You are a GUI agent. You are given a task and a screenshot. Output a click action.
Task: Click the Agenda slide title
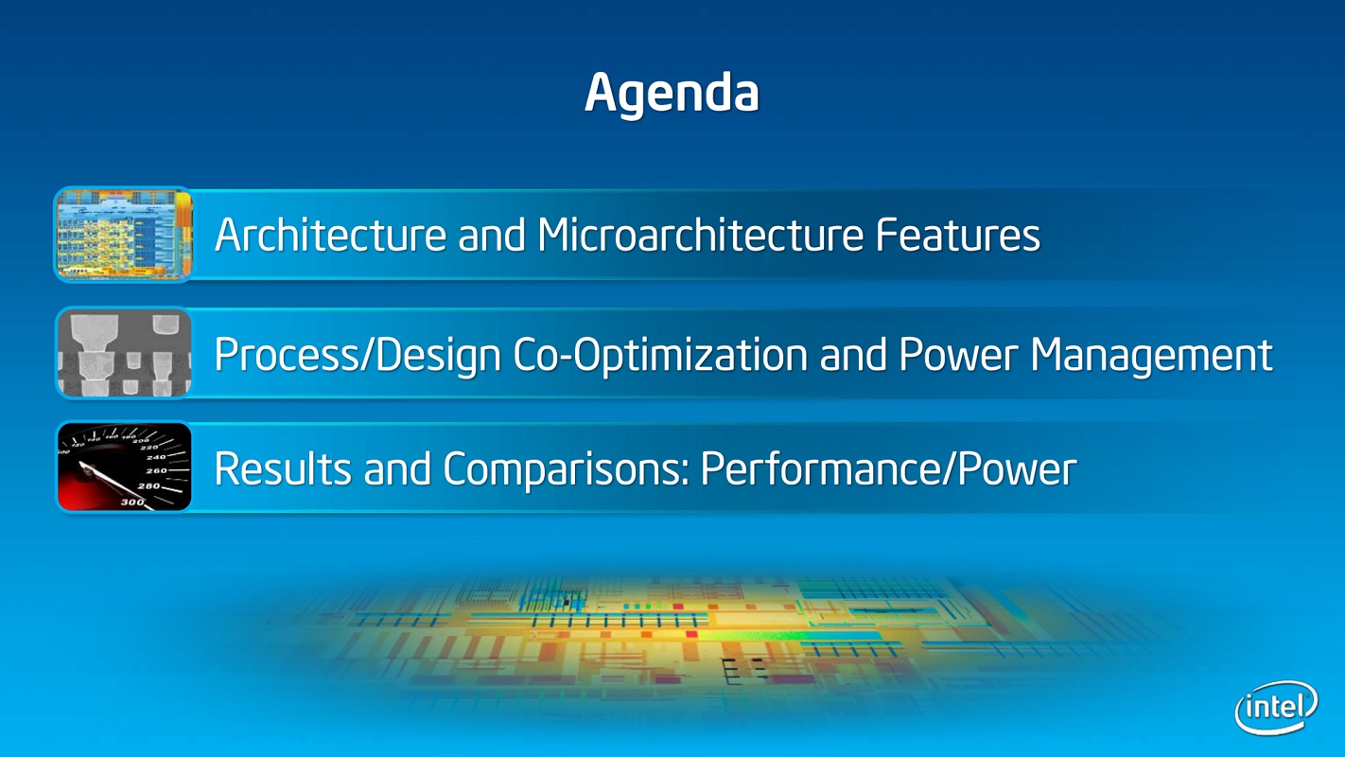(672, 94)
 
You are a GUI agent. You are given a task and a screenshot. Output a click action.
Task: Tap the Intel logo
(1277, 707)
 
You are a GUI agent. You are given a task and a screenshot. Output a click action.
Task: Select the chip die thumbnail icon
(124, 235)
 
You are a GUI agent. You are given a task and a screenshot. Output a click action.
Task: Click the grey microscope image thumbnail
(124, 353)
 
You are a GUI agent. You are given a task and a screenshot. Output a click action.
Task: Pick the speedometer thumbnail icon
(124, 467)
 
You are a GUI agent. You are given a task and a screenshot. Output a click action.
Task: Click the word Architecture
(330, 235)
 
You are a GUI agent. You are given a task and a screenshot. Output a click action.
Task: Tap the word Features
(958, 235)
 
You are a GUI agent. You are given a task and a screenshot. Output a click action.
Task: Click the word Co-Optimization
(660, 356)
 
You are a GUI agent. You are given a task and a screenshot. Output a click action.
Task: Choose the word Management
(1151, 356)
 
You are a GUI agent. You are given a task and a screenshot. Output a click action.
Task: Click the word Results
(283, 468)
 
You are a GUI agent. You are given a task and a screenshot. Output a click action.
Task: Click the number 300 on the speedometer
(132, 502)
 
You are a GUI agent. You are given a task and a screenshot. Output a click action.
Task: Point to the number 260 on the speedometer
(156, 471)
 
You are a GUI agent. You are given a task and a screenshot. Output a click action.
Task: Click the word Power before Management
(958, 355)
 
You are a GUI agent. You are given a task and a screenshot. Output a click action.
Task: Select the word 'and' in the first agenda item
(492, 235)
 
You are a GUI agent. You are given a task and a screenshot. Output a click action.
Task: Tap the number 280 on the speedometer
(148, 486)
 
